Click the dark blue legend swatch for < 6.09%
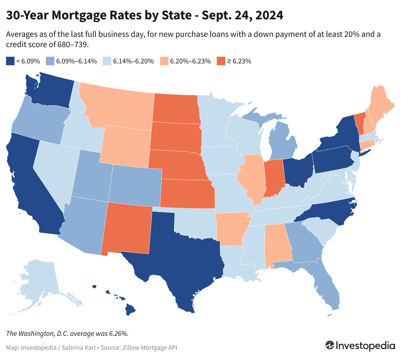tap(10, 61)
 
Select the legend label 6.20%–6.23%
tap(190, 61)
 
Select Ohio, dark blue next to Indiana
tap(298, 171)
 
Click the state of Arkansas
tap(231, 229)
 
